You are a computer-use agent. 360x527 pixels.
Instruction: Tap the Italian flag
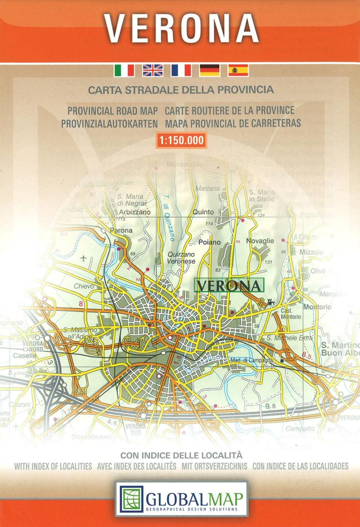pyautogui.click(x=124, y=70)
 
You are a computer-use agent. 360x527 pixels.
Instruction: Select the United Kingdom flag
pyautogui.click(x=153, y=70)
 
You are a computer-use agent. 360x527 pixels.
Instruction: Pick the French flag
pyautogui.click(x=181, y=70)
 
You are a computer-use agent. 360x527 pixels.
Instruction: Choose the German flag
pyautogui.click(x=209, y=70)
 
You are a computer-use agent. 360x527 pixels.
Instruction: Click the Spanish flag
pyautogui.click(x=238, y=70)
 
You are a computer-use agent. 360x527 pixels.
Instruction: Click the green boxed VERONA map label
pyautogui.click(x=229, y=286)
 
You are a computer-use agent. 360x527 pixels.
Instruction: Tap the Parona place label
pyautogui.click(x=121, y=230)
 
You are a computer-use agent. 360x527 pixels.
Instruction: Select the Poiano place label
pyautogui.click(x=209, y=242)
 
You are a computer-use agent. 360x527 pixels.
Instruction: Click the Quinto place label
pyautogui.click(x=203, y=212)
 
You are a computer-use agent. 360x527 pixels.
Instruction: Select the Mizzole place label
pyautogui.click(x=311, y=252)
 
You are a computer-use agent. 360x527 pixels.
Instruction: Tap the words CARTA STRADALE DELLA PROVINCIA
pyautogui.click(x=180, y=90)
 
